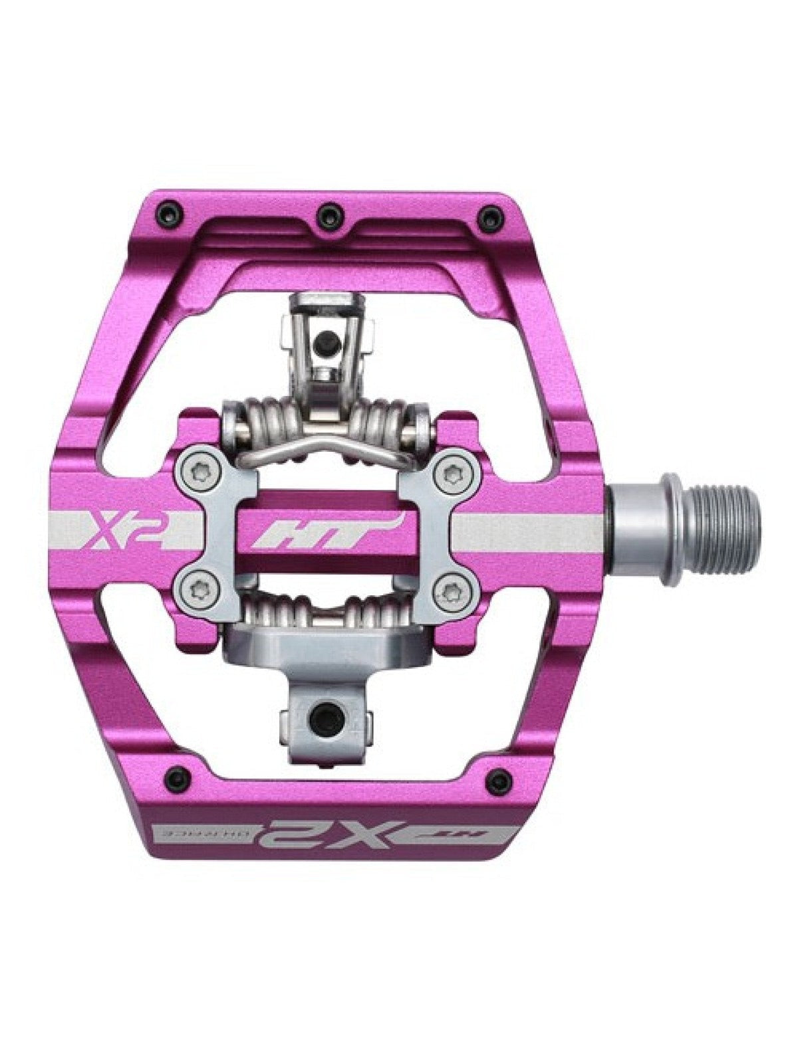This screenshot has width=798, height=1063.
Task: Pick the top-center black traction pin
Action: tap(325, 213)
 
